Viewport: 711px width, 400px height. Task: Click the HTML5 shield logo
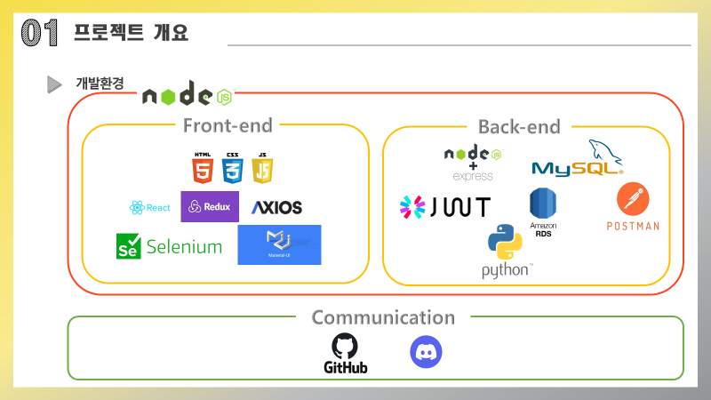pyautogui.click(x=203, y=167)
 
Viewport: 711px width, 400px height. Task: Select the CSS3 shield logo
pyautogui.click(x=233, y=167)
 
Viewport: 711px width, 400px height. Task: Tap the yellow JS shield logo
pyautogui.click(x=262, y=167)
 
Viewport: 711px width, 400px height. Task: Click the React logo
pyautogui.click(x=149, y=208)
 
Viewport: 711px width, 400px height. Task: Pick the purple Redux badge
pyautogui.click(x=210, y=206)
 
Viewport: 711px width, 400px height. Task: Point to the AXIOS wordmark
pyautogui.click(x=276, y=208)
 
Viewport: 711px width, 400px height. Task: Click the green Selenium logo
pyautogui.click(x=169, y=246)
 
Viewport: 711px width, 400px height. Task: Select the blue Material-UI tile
pyautogui.click(x=279, y=244)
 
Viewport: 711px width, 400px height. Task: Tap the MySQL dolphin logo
pyautogui.click(x=577, y=161)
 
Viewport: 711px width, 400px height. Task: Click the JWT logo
pyautogui.click(x=444, y=207)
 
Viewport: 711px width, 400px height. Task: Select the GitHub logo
pyautogui.click(x=346, y=353)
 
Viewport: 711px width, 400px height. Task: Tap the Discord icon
pyautogui.click(x=426, y=352)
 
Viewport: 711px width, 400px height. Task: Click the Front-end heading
pyautogui.click(x=228, y=126)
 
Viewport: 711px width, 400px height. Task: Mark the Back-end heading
pyautogui.click(x=519, y=126)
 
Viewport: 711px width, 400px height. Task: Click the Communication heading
pyautogui.click(x=383, y=317)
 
